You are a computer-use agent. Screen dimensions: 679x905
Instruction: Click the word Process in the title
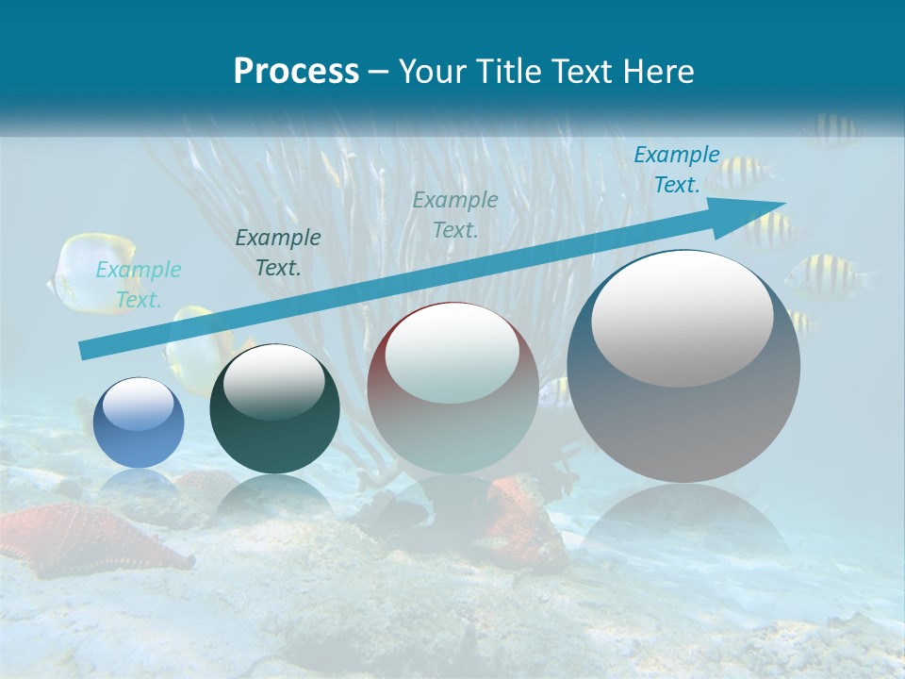point(296,72)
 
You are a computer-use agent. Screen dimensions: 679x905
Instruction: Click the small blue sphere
point(139,422)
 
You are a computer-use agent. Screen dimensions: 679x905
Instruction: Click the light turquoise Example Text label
point(139,285)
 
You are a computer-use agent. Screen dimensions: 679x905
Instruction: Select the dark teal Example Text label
point(277,253)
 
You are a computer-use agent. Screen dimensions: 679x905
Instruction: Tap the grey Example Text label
point(454,214)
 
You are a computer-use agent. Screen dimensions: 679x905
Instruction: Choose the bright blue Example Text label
point(676,170)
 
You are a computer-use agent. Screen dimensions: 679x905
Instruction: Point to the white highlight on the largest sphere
point(682,319)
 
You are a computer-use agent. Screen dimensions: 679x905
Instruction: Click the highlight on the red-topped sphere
point(452,354)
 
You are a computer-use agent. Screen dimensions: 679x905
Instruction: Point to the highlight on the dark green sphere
point(273,379)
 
